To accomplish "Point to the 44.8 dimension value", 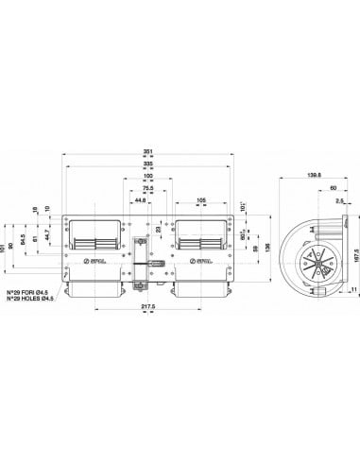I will pyautogui.click(x=138, y=200).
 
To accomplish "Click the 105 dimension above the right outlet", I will pyautogui.click(x=201, y=200).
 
